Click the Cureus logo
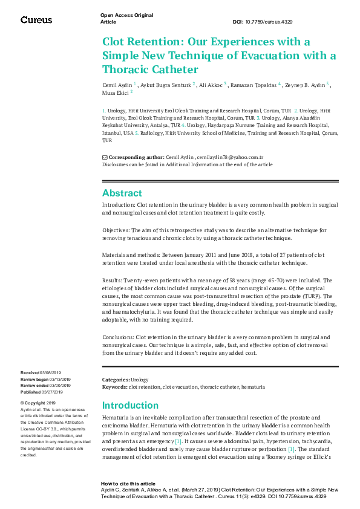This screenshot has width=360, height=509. click(36, 20)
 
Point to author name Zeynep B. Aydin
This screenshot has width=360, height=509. click(304, 85)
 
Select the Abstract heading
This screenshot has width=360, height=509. click(122, 193)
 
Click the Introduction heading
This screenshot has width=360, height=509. click(130, 405)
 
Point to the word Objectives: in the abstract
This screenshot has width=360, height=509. click(117, 230)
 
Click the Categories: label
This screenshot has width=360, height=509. click(116, 380)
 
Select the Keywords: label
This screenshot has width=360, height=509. click(114, 386)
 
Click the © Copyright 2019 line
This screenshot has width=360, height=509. click(38, 403)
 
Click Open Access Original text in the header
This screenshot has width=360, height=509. click(126, 15)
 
